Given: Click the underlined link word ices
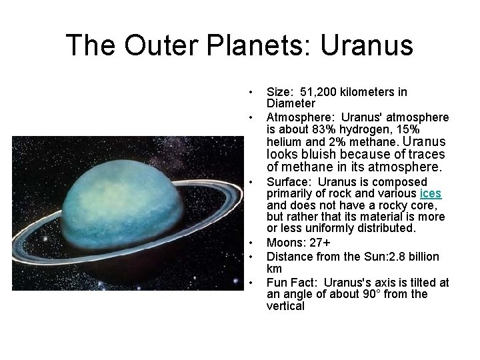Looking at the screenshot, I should pyautogui.click(x=430, y=193).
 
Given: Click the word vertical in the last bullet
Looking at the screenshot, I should pyautogui.click(x=285, y=306).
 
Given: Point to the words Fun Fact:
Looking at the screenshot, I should pyautogui.click(x=291, y=283).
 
